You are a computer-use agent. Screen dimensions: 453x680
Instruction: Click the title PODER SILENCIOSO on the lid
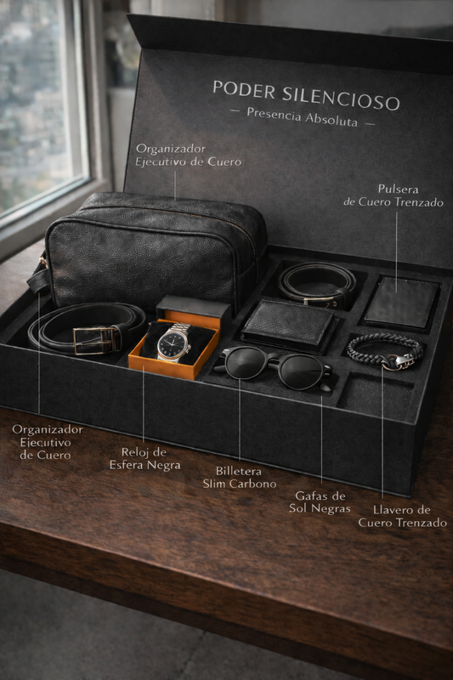(306, 94)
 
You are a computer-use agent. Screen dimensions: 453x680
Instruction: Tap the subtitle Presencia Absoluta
(303, 116)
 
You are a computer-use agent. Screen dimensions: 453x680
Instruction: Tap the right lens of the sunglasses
(299, 371)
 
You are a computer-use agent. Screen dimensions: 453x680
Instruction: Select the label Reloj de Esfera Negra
(144, 458)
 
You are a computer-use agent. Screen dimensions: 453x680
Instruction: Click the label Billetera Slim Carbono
(240, 478)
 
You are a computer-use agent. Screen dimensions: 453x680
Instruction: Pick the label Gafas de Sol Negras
(320, 501)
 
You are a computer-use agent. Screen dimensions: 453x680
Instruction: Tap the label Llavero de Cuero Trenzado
(402, 516)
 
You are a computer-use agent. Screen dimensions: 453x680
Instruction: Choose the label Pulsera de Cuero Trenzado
(394, 195)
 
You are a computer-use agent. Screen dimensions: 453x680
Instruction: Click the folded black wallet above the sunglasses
(288, 326)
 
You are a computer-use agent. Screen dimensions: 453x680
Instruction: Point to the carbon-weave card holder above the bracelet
(401, 303)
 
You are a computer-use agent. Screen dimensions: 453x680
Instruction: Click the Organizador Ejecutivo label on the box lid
(188, 156)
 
